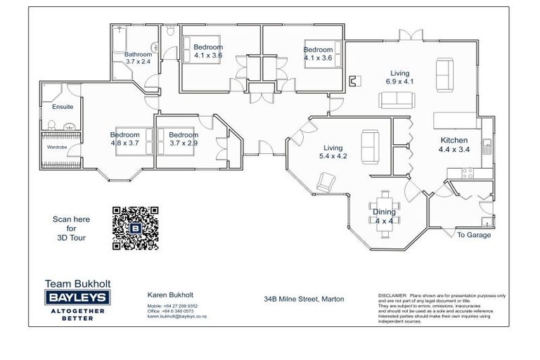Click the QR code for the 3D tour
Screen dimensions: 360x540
pos(135,228)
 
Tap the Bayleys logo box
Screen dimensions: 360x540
pos(77,298)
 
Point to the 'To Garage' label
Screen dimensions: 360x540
pos(474,235)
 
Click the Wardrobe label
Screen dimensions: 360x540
pos(57,148)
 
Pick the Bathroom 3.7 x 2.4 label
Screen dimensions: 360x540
pos(138,58)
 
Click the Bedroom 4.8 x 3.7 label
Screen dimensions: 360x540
pos(125,139)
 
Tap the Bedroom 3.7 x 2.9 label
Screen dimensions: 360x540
pos(184,139)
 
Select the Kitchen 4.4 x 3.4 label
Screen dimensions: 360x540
pos(454,145)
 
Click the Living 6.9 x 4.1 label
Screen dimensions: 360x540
pos(400,77)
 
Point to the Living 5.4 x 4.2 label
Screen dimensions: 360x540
pos(333,152)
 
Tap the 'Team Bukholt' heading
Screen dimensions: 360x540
pos(77,284)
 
